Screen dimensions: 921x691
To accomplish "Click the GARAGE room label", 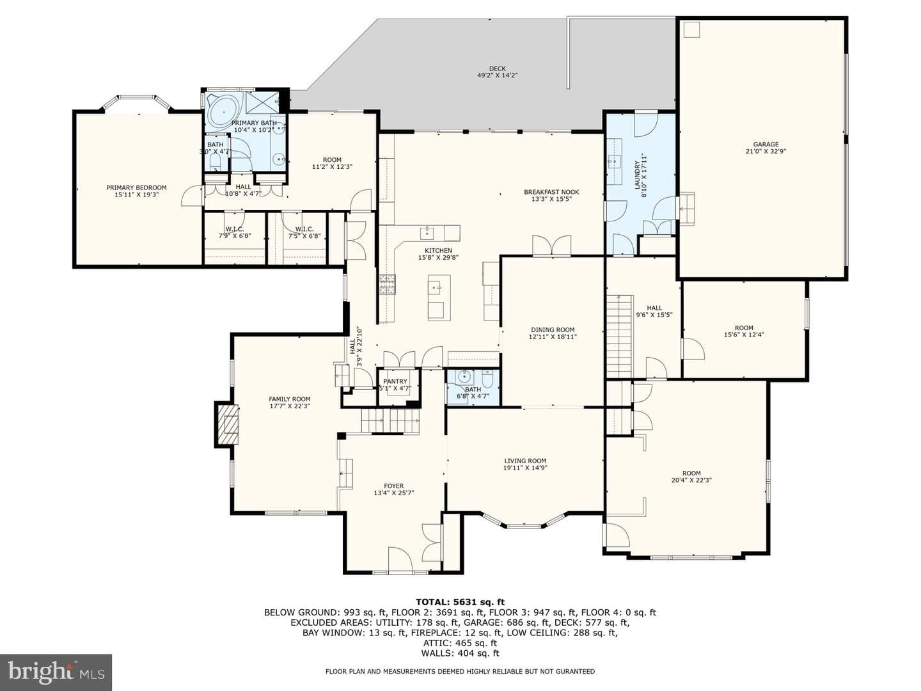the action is [x=766, y=145].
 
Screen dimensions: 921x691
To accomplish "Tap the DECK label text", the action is [x=497, y=68].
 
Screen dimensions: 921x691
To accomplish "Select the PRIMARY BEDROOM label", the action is [x=136, y=187].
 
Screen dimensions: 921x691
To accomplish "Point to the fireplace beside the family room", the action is [x=227, y=424].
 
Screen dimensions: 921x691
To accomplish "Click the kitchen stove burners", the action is [x=388, y=284].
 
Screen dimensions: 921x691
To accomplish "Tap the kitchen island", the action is [x=439, y=298].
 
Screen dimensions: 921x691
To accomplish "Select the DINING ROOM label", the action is [x=553, y=330].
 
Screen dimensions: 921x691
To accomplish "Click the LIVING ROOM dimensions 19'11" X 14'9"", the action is [x=525, y=468].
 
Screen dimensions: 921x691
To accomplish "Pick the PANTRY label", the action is [x=395, y=381].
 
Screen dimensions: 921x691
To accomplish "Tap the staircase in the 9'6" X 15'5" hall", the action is [x=620, y=337].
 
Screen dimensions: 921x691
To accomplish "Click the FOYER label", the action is [x=393, y=486].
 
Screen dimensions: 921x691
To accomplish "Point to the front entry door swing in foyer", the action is [x=400, y=559].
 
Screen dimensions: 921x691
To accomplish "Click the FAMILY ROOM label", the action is [x=290, y=399].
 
